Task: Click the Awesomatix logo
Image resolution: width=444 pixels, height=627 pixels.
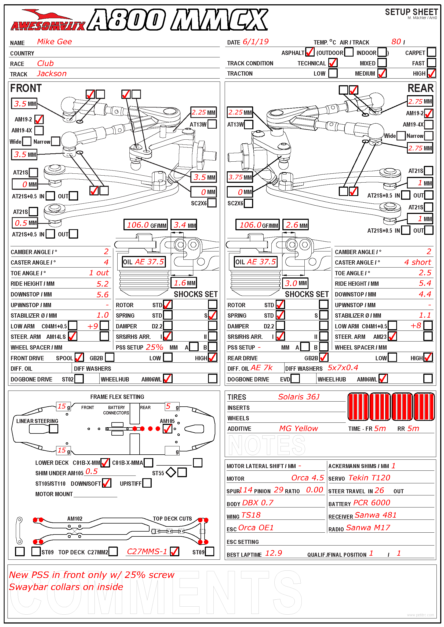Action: (48, 20)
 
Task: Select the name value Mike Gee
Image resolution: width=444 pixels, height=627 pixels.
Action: (54, 42)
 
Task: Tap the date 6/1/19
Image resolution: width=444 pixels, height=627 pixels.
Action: (255, 42)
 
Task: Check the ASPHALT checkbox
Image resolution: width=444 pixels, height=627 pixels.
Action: (310, 52)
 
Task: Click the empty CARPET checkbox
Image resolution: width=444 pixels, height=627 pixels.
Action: (431, 52)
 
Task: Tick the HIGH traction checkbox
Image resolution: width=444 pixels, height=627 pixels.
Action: (431, 73)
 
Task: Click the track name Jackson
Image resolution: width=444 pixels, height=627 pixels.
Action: (52, 74)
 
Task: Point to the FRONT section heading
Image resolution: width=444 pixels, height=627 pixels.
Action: (26, 88)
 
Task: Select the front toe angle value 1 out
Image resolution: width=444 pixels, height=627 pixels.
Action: (99, 273)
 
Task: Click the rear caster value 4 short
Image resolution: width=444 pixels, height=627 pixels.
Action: (417, 262)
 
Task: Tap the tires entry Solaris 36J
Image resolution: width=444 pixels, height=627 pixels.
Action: (299, 397)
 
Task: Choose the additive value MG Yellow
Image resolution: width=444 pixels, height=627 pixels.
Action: (298, 428)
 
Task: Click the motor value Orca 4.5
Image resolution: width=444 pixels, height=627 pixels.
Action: (307, 478)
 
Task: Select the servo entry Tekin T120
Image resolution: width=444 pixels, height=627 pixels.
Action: (369, 478)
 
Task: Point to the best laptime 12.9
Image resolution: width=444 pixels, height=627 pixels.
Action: (273, 553)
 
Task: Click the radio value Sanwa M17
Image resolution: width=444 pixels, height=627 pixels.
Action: (368, 528)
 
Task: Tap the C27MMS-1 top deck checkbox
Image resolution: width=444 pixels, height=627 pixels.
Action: (174, 551)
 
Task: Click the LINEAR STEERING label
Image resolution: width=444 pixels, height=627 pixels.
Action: (37, 421)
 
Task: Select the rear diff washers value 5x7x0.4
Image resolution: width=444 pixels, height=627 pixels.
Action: (343, 368)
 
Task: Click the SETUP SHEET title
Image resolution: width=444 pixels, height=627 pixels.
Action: (411, 12)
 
